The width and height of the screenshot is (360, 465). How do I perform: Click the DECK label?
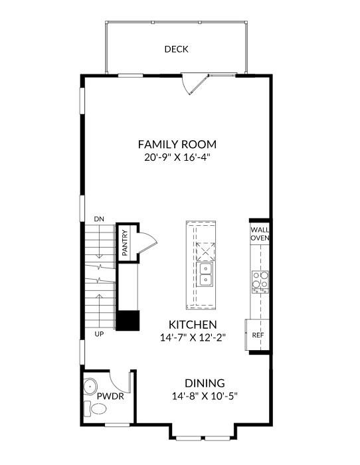tap(177, 49)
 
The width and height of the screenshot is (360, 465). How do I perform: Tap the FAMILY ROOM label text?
tap(177, 144)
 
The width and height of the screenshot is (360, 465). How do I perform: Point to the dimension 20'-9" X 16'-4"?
tap(177, 157)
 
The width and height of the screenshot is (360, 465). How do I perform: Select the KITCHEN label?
tap(193, 325)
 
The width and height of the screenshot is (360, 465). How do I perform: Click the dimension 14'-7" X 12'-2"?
tap(193, 338)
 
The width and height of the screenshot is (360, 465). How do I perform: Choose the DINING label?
tap(205, 383)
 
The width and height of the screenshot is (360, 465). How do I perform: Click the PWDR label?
tap(111, 396)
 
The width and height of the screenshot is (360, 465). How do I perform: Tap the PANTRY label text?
tap(125, 243)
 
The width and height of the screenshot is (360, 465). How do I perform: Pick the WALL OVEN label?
tap(259, 233)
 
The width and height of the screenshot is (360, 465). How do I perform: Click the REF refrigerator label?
tap(258, 335)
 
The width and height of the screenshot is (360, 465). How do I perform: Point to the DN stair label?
tap(99, 219)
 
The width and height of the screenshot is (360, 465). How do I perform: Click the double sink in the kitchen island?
tap(205, 273)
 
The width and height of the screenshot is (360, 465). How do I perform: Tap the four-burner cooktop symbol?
tap(260, 281)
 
